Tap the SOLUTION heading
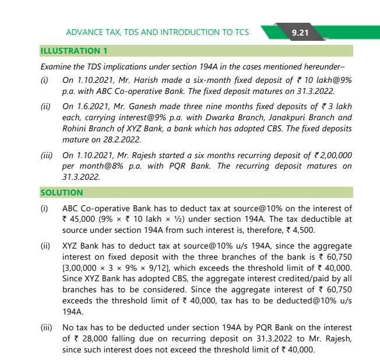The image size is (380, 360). [61, 192]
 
